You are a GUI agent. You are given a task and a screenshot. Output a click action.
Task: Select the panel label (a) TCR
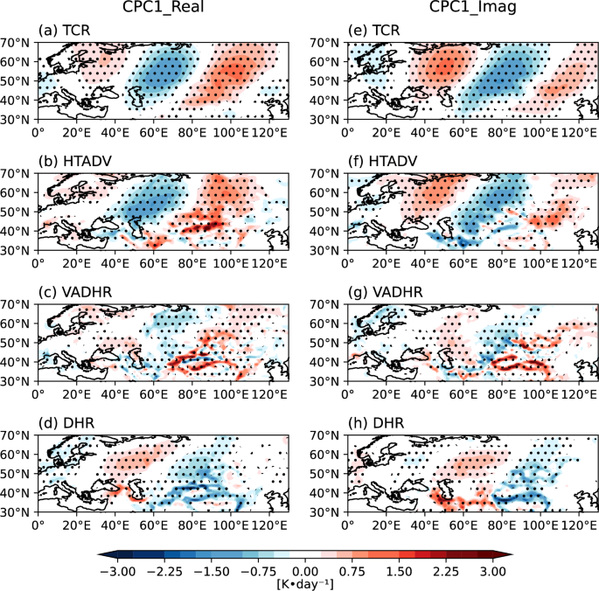[x=64, y=33]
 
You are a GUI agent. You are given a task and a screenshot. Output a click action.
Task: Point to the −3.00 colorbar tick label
[x=117, y=570]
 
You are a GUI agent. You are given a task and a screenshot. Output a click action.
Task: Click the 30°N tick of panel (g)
[x=327, y=381]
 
